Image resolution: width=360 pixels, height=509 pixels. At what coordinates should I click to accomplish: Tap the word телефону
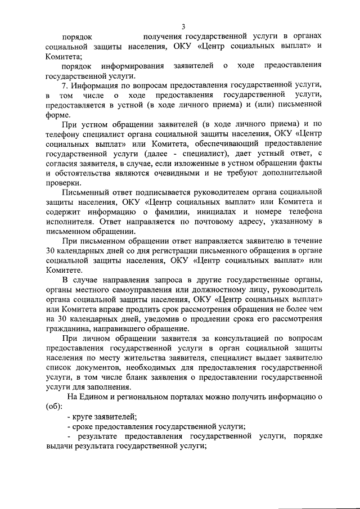(63, 135)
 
